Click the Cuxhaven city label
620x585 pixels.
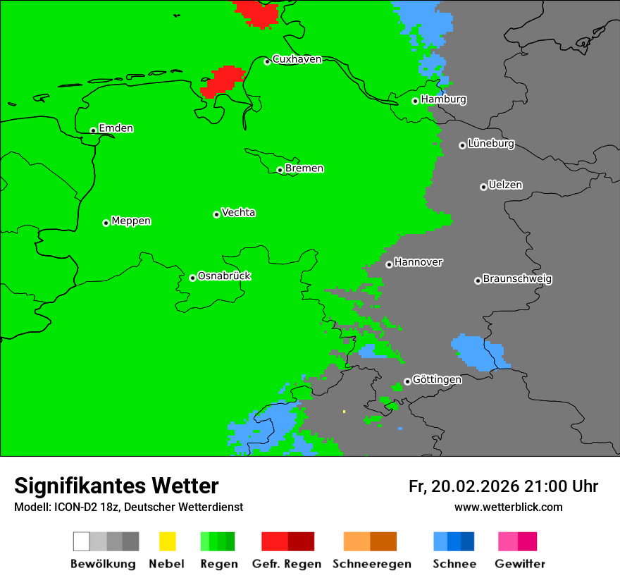[x=297, y=59]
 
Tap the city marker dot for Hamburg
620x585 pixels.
[x=416, y=101]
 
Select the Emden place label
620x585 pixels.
[x=116, y=128]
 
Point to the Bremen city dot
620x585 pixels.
[x=280, y=170]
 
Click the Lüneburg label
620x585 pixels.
[x=491, y=144]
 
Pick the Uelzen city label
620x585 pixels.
[x=505, y=185]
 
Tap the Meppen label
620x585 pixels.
[x=131, y=221]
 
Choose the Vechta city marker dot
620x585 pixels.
[x=216, y=214]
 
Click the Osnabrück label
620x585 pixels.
[x=224, y=276]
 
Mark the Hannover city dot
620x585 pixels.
[x=389, y=264]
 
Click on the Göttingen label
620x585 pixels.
[x=437, y=379]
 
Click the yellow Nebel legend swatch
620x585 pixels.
[x=167, y=541]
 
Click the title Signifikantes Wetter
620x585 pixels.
[x=116, y=486]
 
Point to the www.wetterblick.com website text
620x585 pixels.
[x=508, y=507]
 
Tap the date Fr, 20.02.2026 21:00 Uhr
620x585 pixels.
[x=503, y=486]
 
